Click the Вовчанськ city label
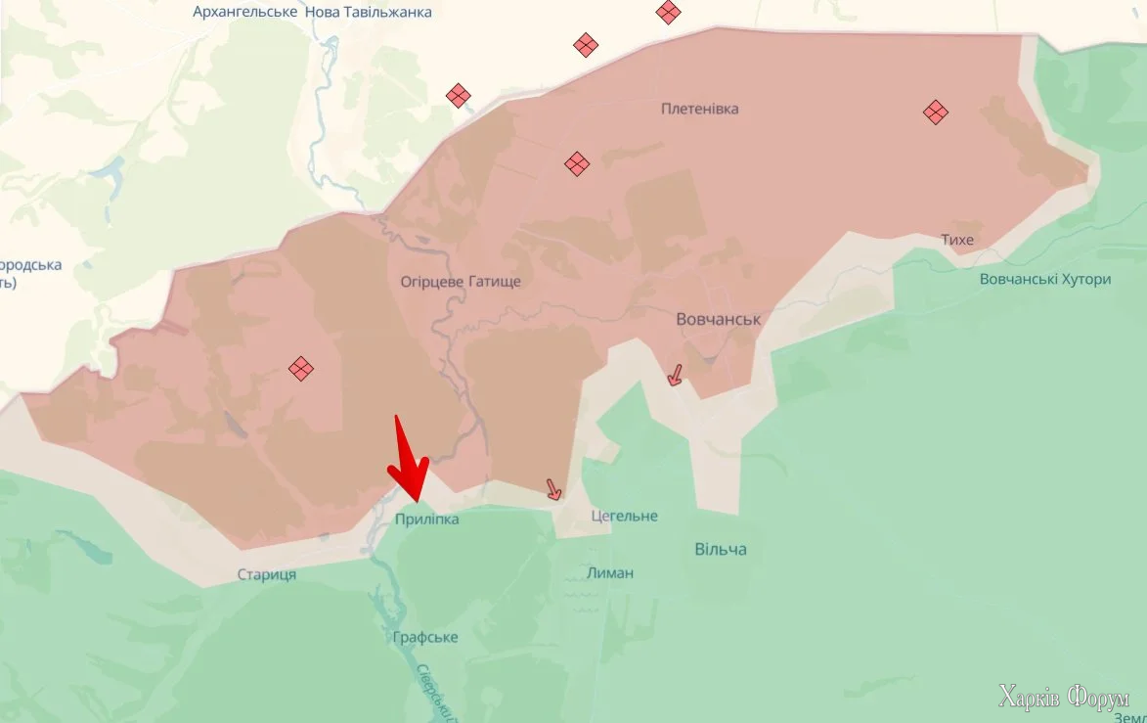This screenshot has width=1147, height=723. [x=718, y=319]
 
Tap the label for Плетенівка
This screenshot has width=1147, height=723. [x=699, y=109]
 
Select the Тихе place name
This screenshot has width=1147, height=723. [x=956, y=240]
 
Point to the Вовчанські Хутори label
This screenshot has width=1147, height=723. [x=1045, y=279]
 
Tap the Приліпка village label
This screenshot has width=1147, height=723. [x=426, y=520]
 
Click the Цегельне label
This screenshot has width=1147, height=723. [x=624, y=516]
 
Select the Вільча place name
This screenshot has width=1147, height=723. [x=721, y=549]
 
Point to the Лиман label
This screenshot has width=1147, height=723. [x=610, y=572]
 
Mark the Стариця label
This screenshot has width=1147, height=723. [x=266, y=574]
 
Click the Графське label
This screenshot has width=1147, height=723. [x=425, y=637]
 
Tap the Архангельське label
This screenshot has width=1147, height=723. [x=245, y=13]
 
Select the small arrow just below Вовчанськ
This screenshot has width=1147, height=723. [x=674, y=375]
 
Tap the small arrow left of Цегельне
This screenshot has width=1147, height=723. [x=553, y=489]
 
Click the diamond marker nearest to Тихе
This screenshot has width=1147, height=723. [x=936, y=113]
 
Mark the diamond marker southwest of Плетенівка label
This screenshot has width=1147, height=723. [x=577, y=163]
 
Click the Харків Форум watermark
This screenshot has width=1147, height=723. [x=1064, y=697]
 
